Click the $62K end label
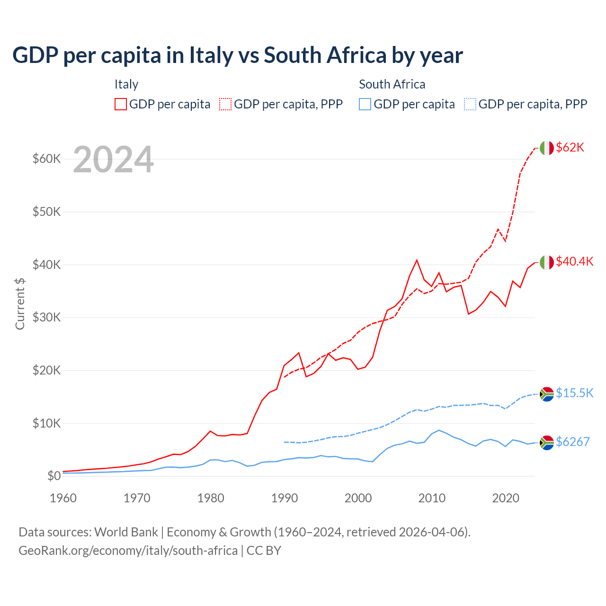click(x=570, y=148)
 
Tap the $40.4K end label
click(x=574, y=262)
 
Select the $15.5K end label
click(x=574, y=393)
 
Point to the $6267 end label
click(x=572, y=442)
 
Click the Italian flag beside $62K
click(x=546, y=148)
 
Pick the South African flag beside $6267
click(x=546, y=442)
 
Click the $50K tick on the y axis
click(x=47, y=212)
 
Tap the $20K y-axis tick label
click(x=47, y=370)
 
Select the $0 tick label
click(x=54, y=476)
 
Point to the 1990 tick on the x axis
click(x=285, y=498)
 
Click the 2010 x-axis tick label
click(x=432, y=498)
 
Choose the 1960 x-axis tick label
click(x=63, y=498)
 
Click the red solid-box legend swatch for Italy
click(x=121, y=104)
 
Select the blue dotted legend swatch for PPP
click(x=470, y=104)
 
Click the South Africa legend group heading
click(x=392, y=84)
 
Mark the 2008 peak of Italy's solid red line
click(x=417, y=260)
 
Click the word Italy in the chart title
click(x=211, y=55)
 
